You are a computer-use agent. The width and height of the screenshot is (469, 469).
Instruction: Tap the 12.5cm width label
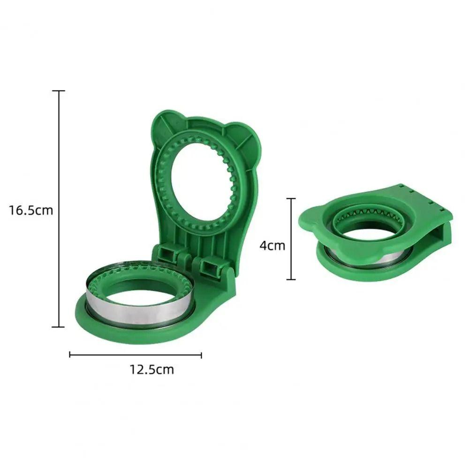click(151, 370)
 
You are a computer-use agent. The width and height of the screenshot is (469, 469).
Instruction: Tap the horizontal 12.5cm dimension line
click(136, 355)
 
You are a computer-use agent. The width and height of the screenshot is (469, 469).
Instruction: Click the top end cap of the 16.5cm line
click(59, 91)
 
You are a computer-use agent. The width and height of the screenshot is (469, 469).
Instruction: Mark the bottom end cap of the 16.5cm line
click(59, 327)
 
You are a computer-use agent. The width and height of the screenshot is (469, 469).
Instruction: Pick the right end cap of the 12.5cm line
click(201, 355)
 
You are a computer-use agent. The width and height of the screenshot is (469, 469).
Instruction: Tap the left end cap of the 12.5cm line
click(70, 355)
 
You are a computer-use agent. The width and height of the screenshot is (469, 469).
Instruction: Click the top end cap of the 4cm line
click(291, 198)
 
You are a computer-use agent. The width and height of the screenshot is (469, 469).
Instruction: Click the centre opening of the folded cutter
click(371, 234)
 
